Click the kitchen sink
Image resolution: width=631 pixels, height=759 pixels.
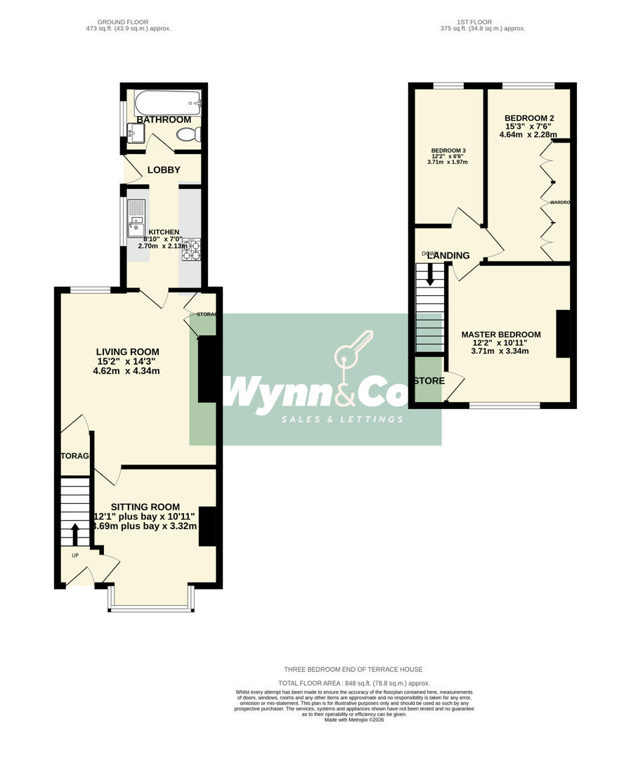[135, 227]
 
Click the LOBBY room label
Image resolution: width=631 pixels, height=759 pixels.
[164, 170]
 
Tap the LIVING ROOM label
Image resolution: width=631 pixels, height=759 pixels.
[127, 352]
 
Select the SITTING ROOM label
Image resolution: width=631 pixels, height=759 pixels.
[145, 507]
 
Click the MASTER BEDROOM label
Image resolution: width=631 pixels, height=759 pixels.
[500, 335]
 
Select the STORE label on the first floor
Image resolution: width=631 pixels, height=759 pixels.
[429, 381]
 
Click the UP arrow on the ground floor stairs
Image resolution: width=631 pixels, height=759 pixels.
[75, 534]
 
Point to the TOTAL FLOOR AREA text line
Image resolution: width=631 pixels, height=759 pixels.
[353, 683]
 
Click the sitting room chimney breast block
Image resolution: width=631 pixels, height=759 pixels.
[209, 526]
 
